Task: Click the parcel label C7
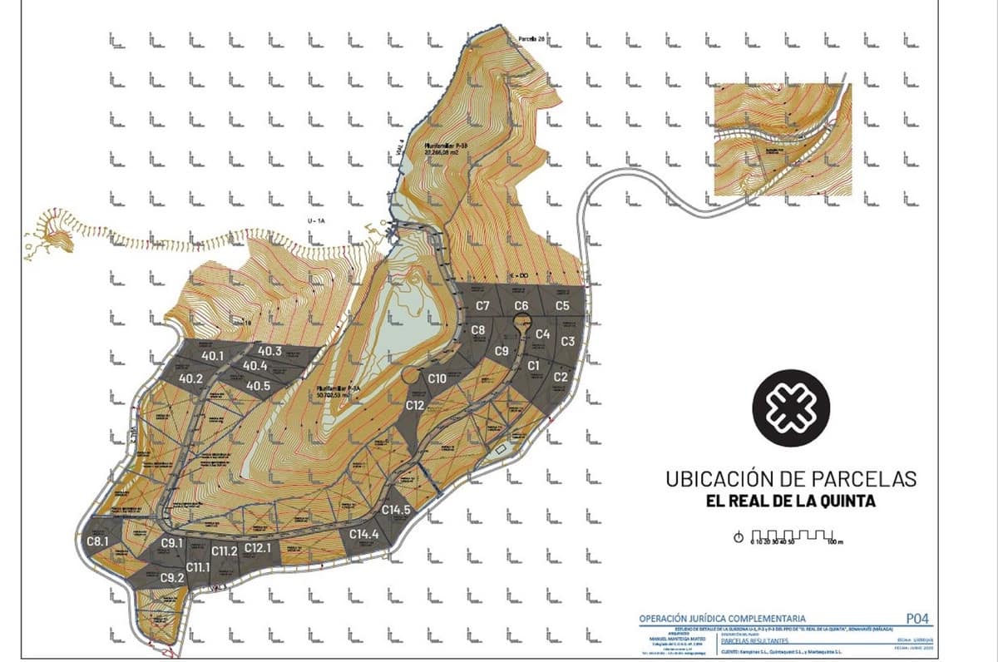point(482,306)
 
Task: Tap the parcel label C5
point(562,306)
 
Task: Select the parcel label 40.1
point(213,356)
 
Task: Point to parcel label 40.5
point(258,386)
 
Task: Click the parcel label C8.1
point(98,542)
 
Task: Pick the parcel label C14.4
point(364,535)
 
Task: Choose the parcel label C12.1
point(259,548)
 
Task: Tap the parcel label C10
point(437,378)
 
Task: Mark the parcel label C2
point(561,378)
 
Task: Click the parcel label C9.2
point(172,578)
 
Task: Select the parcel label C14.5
point(396,510)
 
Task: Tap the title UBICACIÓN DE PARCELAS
point(791,479)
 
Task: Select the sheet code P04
point(915,619)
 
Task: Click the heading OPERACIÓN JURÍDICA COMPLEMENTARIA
point(722,619)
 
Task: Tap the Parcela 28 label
point(530,39)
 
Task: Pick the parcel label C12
point(416,405)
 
